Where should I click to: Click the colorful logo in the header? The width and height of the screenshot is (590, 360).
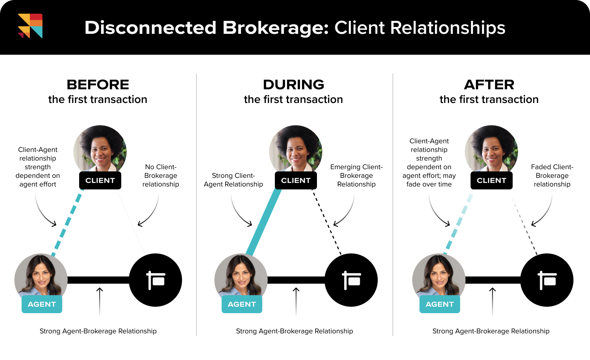pyautogui.click(x=30, y=26)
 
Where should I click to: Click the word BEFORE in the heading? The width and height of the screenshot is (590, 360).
pyautogui.click(x=98, y=85)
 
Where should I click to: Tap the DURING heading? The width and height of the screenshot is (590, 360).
pyautogui.click(x=294, y=85)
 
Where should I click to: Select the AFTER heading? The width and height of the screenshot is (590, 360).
pyautogui.click(x=489, y=85)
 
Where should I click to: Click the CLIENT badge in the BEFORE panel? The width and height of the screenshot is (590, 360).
pyautogui.click(x=100, y=180)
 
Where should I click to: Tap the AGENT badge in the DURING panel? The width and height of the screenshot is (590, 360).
pyautogui.click(x=242, y=304)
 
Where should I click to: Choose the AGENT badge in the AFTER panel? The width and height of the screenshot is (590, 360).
pyautogui.click(x=440, y=304)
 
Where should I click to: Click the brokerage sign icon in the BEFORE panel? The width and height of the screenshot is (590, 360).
pyautogui.click(x=155, y=280)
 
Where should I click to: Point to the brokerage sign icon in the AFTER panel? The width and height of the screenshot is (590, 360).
pyautogui.click(x=547, y=280)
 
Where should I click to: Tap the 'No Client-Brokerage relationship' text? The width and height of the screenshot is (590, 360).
pyautogui.click(x=161, y=176)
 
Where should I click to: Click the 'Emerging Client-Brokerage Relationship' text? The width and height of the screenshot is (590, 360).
pyautogui.click(x=357, y=176)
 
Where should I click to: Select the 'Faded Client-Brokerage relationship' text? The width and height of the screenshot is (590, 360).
pyautogui.click(x=552, y=176)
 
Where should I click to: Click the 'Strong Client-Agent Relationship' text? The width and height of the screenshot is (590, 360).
pyautogui.click(x=233, y=180)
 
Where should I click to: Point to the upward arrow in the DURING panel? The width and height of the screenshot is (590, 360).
pyautogui.click(x=296, y=301)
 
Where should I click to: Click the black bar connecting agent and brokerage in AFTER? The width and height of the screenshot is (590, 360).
pyautogui.click(x=493, y=280)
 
